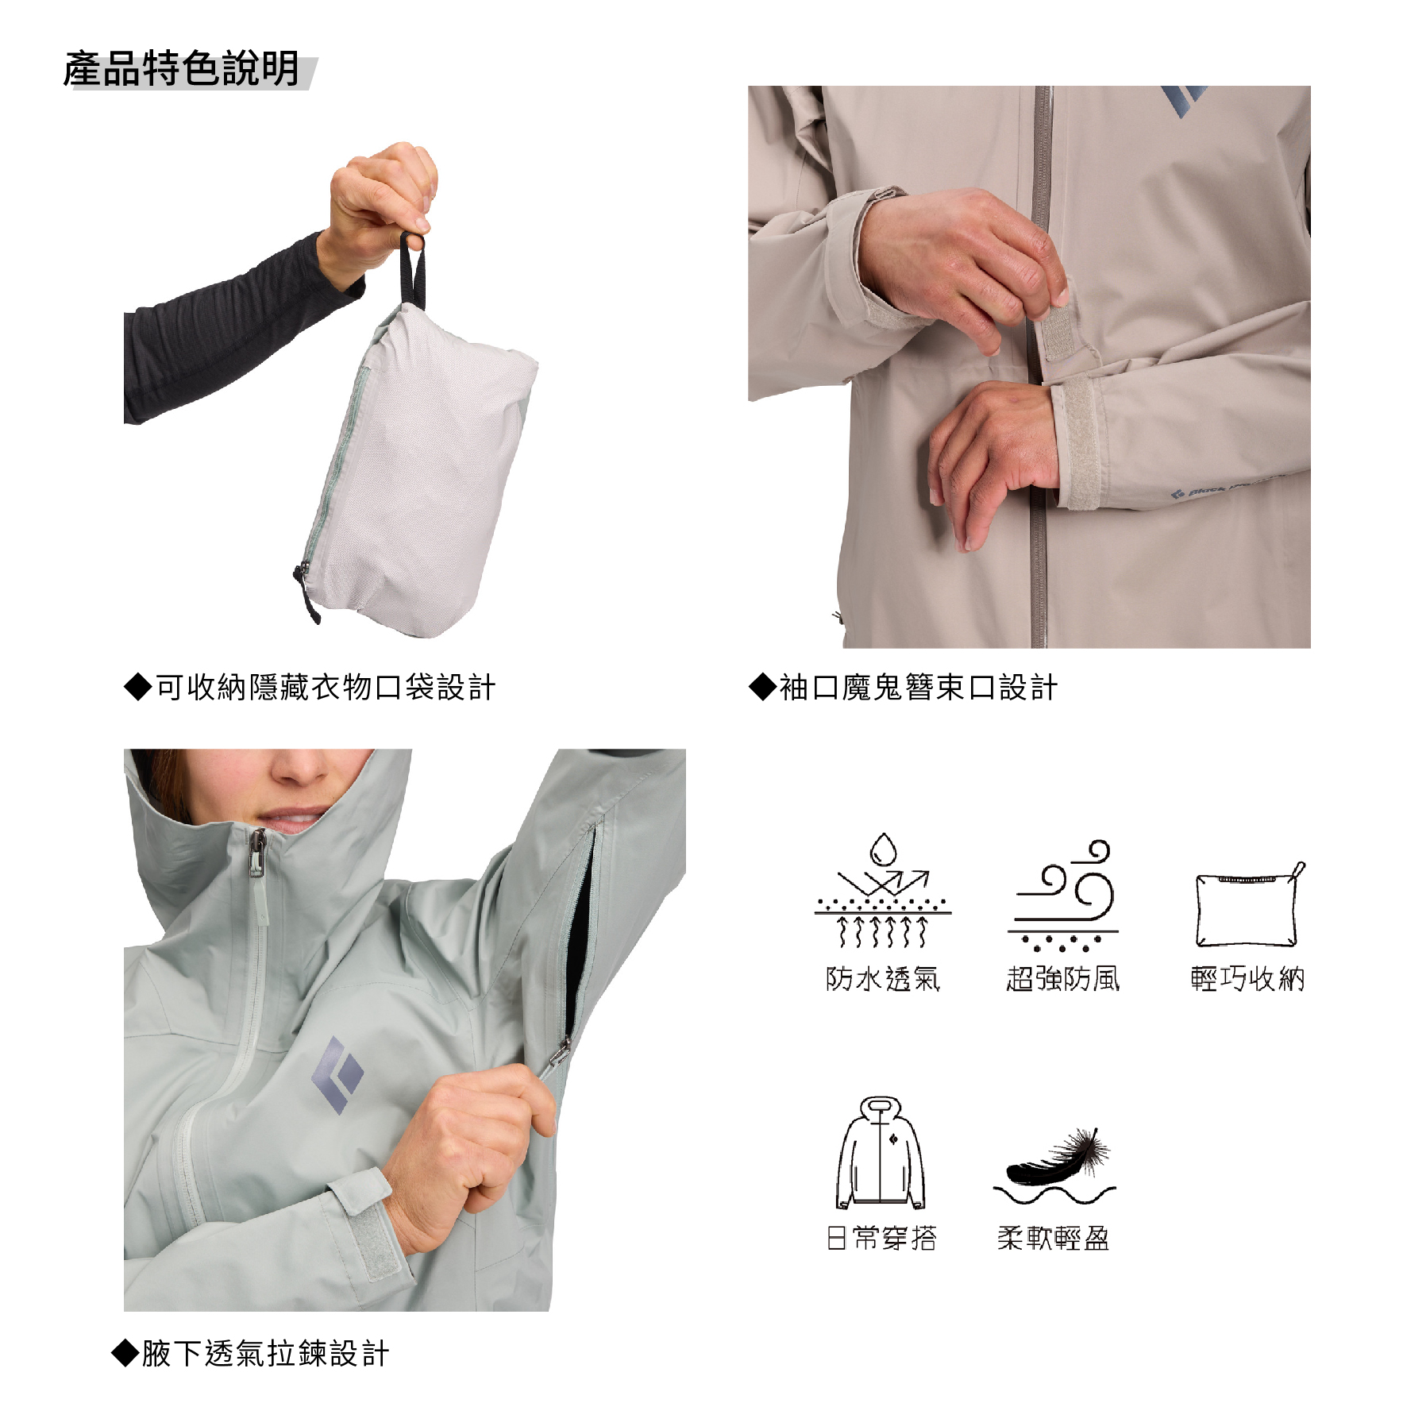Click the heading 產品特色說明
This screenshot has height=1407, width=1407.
182,69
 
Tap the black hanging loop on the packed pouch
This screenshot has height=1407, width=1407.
412,271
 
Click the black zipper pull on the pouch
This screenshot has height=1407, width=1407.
307,592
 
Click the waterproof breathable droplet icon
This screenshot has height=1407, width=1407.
883,890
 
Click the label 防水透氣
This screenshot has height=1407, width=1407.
883,978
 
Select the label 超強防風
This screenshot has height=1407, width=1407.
1063,978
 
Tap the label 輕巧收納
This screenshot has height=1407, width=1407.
1248,978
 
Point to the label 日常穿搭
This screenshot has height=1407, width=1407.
881,1238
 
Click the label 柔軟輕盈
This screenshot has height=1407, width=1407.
1054,1238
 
